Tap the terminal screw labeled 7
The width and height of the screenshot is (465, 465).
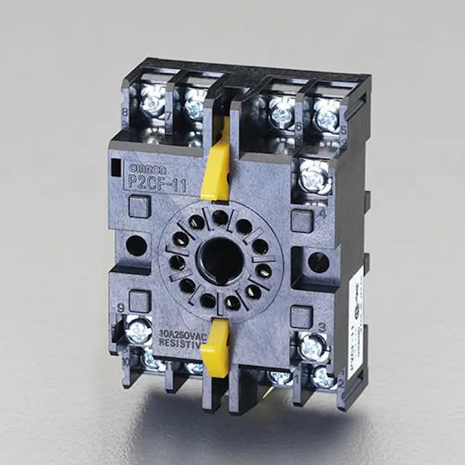click(x=194, y=102)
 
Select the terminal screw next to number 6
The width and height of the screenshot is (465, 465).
click(x=282, y=113)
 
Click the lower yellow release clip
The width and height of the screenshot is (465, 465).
click(x=215, y=352)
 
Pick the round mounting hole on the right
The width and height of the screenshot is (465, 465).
click(x=319, y=262)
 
